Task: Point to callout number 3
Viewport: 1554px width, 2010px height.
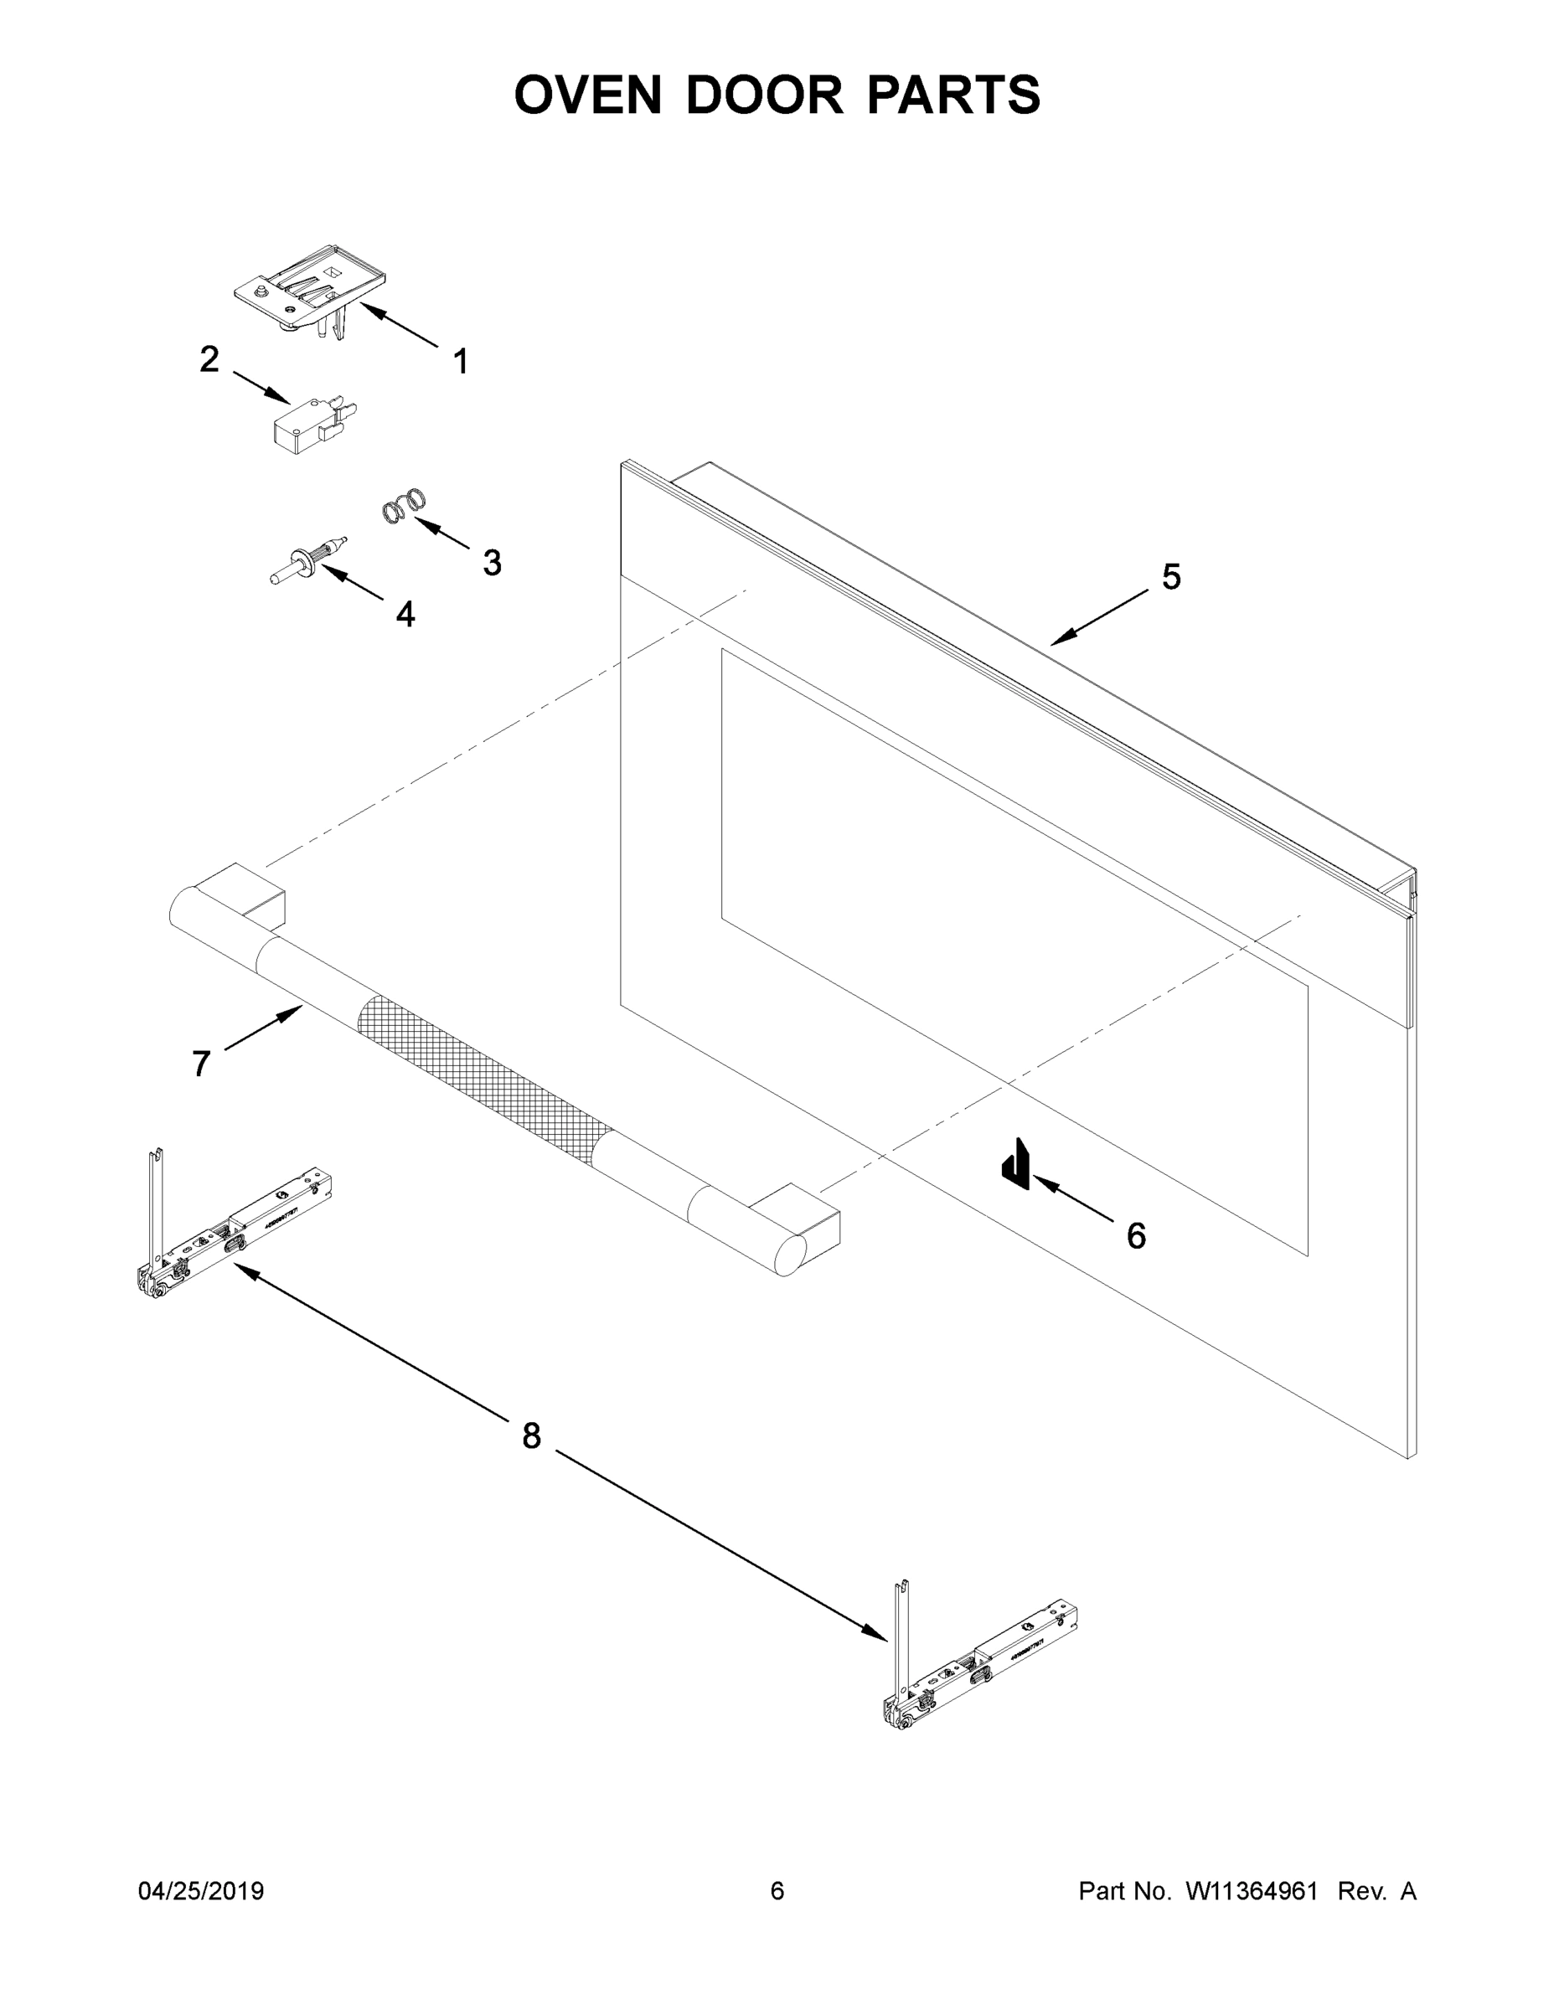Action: (493, 562)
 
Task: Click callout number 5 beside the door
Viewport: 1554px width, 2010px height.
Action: (1171, 577)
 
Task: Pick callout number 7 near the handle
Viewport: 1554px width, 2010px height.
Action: (202, 1064)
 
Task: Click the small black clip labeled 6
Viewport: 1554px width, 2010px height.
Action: (1014, 1163)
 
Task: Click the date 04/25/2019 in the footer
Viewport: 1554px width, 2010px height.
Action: (201, 1890)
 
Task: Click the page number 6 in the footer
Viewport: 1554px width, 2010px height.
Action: (777, 1890)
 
